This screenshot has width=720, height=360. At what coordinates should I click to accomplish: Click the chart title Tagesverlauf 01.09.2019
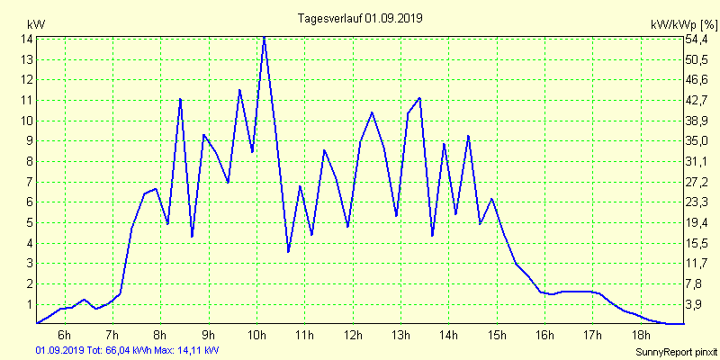[360, 17]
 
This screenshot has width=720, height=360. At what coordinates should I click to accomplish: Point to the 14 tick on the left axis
[28, 39]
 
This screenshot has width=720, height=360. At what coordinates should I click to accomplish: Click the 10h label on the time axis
[256, 337]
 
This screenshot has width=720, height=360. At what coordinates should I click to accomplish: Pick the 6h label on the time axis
[64, 337]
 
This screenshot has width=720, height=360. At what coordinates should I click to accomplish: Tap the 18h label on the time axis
[640, 337]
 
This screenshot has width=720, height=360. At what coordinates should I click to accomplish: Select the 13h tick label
[400, 337]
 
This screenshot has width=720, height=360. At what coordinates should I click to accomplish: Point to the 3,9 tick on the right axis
[696, 304]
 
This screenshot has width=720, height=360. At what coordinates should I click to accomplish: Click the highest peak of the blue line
[264, 37]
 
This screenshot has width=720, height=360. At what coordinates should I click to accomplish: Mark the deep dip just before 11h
[288, 251]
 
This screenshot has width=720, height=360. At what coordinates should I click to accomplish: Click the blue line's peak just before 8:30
[181, 99]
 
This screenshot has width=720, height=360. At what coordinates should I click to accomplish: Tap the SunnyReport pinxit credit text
[675, 351]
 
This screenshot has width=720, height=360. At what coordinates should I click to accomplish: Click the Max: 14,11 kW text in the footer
[185, 350]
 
